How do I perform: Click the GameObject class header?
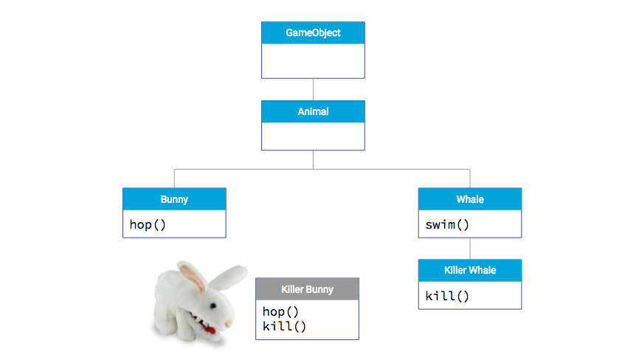[x=313, y=33]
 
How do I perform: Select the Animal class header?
[x=313, y=112]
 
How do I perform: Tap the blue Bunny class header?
[x=174, y=199]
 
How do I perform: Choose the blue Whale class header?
[x=469, y=199]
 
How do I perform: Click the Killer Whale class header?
[x=469, y=271]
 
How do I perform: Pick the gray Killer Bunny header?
[x=307, y=289]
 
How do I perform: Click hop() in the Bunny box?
[x=148, y=224]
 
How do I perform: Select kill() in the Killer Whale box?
[x=447, y=296]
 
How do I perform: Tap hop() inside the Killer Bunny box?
[x=280, y=311]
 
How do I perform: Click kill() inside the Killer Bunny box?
[x=284, y=325]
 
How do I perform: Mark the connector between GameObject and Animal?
[x=313, y=89]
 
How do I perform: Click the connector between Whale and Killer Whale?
[x=469, y=248]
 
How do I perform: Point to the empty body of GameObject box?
[x=313, y=60]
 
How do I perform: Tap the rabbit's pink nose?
[x=229, y=323]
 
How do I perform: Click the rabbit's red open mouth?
[x=213, y=329]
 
